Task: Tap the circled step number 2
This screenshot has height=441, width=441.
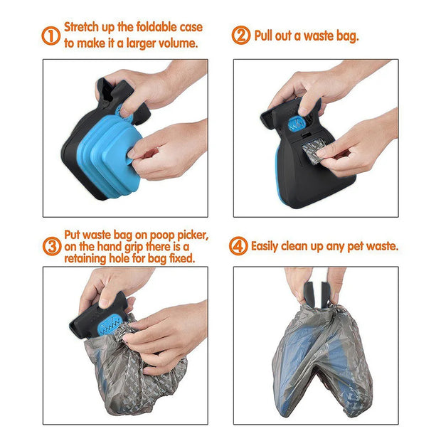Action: coord(242,35)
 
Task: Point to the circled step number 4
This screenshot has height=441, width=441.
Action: coord(238,247)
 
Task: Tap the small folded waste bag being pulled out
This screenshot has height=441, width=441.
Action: coord(312,151)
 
